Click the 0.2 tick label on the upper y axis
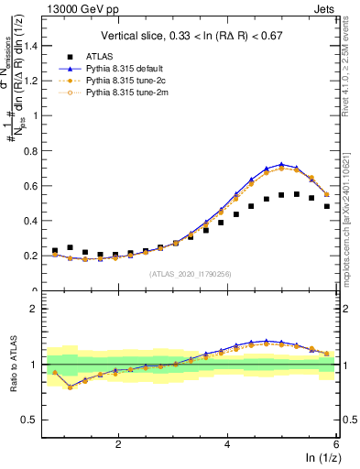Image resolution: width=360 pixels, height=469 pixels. (32, 256)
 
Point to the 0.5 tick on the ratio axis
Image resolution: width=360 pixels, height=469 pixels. (32, 420)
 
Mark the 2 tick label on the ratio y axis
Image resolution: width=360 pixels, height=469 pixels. (36, 310)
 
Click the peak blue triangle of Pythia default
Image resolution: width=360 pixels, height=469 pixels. (281, 164)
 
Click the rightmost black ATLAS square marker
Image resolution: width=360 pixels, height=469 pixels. (327, 206)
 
